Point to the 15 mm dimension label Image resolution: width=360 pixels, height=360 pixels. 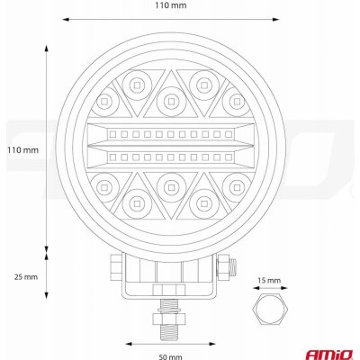coord(268,281)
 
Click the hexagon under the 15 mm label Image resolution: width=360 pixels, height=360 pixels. coord(269,311)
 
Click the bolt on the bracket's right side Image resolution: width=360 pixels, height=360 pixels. coord(226,265)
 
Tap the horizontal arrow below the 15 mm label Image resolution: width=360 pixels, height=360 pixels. coord(269,292)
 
